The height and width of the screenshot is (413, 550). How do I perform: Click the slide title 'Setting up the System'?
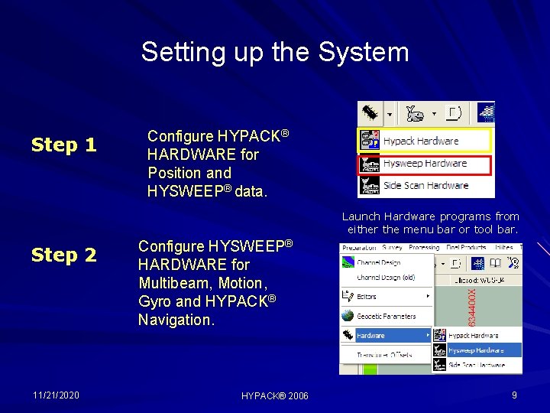click(x=275, y=52)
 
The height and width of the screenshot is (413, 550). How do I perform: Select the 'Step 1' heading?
click(x=63, y=145)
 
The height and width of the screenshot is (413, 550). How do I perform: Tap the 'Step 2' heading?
click(x=63, y=255)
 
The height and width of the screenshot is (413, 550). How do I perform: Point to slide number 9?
click(x=514, y=395)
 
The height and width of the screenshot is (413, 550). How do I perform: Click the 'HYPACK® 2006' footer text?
click(x=275, y=395)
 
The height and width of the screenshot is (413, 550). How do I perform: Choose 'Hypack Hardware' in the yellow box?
click(x=420, y=141)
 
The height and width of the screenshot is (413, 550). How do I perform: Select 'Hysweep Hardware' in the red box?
click(x=424, y=163)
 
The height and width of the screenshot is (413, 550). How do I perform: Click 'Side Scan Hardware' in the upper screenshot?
click(x=425, y=185)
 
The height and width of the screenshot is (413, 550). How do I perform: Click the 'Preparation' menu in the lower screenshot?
click(x=359, y=248)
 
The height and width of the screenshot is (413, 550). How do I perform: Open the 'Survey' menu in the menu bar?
click(x=393, y=248)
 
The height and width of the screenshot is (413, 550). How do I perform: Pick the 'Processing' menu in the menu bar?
click(x=424, y=248)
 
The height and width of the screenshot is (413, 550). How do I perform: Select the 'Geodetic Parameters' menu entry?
click(x=386, y=316)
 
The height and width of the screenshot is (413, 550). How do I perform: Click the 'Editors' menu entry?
click(x=367, y=296)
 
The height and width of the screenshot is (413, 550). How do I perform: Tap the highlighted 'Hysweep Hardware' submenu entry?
click(x=475, y=350)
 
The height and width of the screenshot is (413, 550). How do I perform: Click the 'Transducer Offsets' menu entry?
click(x=384, y=355)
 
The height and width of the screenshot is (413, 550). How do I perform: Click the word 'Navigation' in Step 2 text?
click(x=176, y=320)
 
